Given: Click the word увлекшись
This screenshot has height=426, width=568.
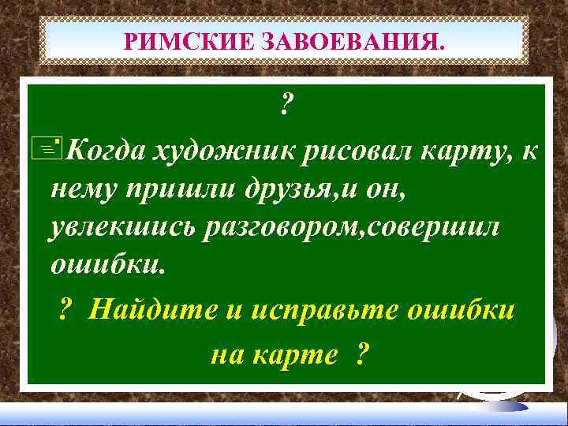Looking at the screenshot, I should pyautogui.click(x=120, y=227).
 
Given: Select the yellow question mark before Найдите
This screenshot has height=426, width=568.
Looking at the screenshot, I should pyautogui.click(x=67, y=311).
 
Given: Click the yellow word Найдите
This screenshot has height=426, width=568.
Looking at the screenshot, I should pyautogui.click(x=150, y=311).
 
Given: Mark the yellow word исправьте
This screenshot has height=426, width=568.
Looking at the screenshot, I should pyautogui.click(x=319, y=311).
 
